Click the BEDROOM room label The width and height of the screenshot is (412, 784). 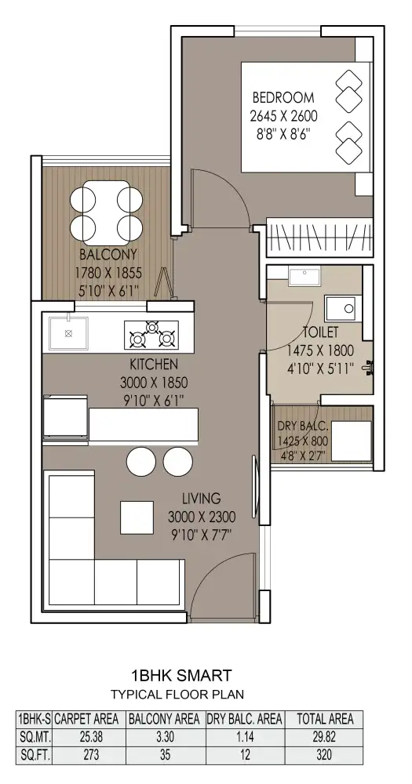pyautogui.click(x=283, y=97)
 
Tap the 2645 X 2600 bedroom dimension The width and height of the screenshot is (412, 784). pyautogui.click(x=283, y=117)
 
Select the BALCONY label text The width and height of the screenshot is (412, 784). pyautogui.click(x=108, y=255)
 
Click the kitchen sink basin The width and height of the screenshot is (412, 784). pyautogui.click(x=68, y=333)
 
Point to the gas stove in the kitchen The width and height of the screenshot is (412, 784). pyautogui.click(x=151, y=335)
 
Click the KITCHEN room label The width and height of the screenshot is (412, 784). pyautogui.click(x=154, y=364)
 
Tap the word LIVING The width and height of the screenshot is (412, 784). pyautogui.click(x=201, y=499)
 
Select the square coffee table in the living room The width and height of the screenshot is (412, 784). pyautogui.click(x=137, y=517)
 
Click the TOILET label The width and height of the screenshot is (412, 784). pyautogui.click(x=320, y=332)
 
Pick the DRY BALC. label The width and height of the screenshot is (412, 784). pyautogui.click(x=303, y=426)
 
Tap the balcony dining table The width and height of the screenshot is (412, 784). pyautogui.click(x=106, y=213)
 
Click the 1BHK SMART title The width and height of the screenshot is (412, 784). pyautogui.click(x=181, y=676)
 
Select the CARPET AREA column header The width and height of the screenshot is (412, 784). pyautogui.click(x=86, y=719)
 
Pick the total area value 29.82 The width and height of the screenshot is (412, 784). pyautogui.click(x=324, y=737)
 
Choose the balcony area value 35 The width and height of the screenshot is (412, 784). pyautogui.click(x=166, y=755)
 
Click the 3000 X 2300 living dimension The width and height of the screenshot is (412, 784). pyautogui.click(x=202, y=517)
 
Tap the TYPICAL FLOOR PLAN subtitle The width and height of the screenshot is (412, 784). pyautogui.click(x=177, y=695)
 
